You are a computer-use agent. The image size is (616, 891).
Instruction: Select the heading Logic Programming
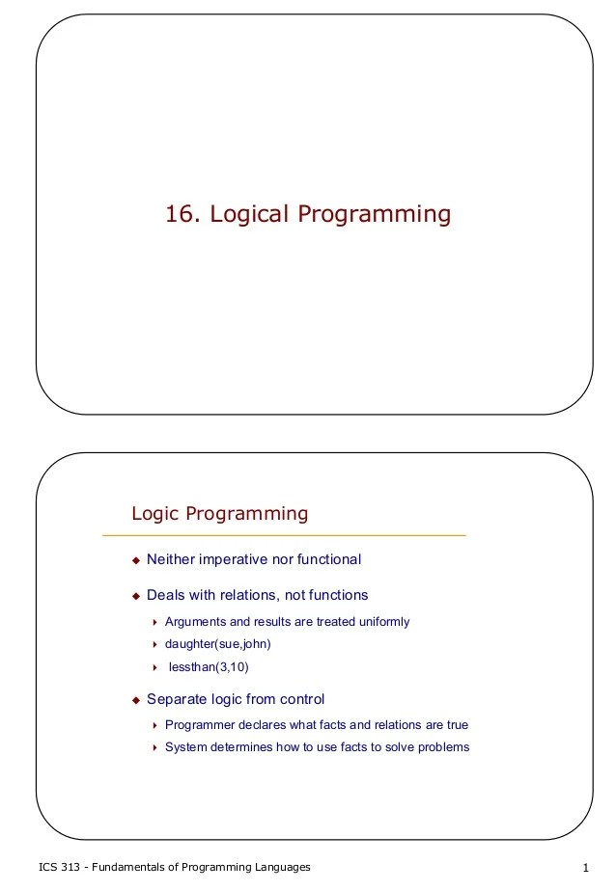coord(219,514)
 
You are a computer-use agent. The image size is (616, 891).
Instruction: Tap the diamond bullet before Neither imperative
coord(136,560)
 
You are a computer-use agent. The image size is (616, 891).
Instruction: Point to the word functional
coord(325,559)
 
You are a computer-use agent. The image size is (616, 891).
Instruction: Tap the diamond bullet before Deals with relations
coord(136,596)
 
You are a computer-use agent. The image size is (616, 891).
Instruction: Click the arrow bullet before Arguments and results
coord(154,623)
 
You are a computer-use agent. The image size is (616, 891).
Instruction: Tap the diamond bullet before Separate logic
coord(136,700)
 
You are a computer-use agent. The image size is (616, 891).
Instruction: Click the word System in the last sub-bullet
coord(185,747)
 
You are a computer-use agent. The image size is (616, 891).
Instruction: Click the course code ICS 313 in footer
coord(58,868)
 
